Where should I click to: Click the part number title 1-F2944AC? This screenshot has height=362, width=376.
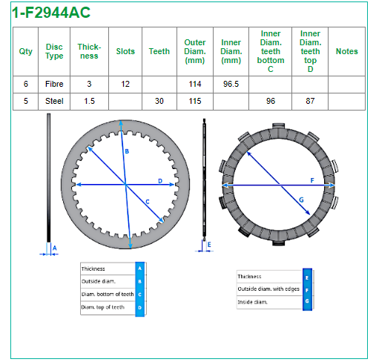(x=51, y=13)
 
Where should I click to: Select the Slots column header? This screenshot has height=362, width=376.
(x=125, y=51)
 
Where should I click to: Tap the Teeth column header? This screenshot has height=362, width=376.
(x=159, y=51)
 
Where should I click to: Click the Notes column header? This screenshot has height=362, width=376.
(x=346, y=51)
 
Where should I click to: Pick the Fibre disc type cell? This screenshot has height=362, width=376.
(x=54, y=84)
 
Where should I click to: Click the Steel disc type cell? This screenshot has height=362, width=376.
(x=54, y=101)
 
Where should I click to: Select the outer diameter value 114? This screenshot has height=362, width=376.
(x=195, y=84)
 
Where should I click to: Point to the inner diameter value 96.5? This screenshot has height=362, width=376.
(x=231, y=84)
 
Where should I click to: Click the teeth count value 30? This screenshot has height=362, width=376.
(x=159, y=101)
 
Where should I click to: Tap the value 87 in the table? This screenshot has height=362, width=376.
(x=310, y=101)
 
